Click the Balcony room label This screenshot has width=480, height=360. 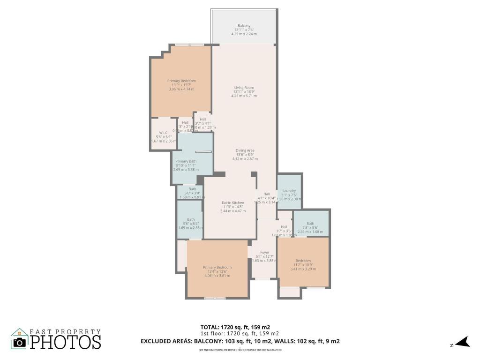pos(244,26)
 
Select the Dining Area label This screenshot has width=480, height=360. pos(245,150)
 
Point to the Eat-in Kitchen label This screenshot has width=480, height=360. pos(233,203)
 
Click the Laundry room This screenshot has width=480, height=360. pos(289,191)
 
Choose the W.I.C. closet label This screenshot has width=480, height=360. pos(164,133)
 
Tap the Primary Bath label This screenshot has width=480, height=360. pos(186,161)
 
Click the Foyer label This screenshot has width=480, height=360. pos(265,252)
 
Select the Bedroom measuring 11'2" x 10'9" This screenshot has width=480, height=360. pos(303,261)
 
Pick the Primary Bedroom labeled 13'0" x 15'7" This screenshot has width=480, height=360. pos(181,81)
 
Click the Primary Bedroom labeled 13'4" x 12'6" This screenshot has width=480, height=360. pos(217,267)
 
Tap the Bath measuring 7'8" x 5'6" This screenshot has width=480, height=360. pos(310,224)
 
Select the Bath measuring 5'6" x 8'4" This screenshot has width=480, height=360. pos(191,219)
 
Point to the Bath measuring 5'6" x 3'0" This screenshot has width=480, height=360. pos(192,189)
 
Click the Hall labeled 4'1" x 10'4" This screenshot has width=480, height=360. pos(266,194)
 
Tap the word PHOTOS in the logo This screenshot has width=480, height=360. pos(66,342)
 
